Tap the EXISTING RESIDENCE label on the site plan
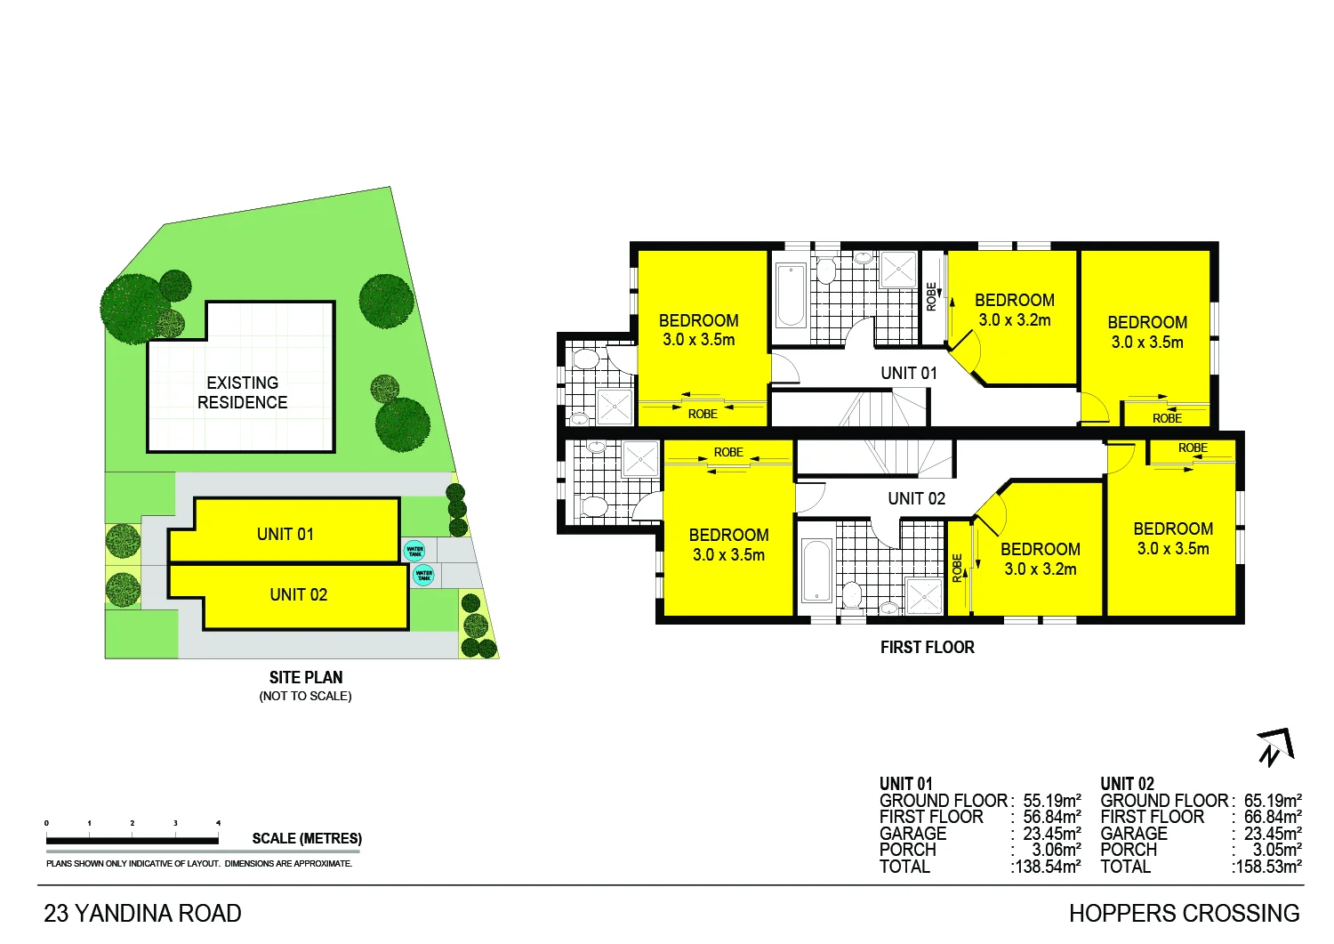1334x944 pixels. (242, 392)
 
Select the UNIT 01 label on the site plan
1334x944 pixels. (285, 534)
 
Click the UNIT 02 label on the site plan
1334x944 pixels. (299, 594)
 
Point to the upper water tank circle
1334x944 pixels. (414, 551)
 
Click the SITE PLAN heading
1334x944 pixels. (306, 677)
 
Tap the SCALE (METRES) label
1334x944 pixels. (307, 838)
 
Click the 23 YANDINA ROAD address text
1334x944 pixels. (143, 914)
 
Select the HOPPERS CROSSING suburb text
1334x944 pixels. (1184, 914)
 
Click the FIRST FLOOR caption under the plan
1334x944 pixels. (927, 648)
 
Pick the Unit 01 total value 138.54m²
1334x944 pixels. (1047, 867)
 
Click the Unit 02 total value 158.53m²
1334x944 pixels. (1268, 867)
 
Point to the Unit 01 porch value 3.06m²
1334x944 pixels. (1057, 850)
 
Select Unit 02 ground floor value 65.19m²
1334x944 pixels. (1273, 801)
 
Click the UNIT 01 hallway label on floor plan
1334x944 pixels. (909, 373)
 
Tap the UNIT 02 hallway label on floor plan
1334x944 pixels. (916, 498)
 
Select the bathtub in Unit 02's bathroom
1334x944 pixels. (816, 570)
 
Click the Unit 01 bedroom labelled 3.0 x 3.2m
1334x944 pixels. (1015, 310)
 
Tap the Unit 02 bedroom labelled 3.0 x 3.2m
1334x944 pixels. (1041, 559)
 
